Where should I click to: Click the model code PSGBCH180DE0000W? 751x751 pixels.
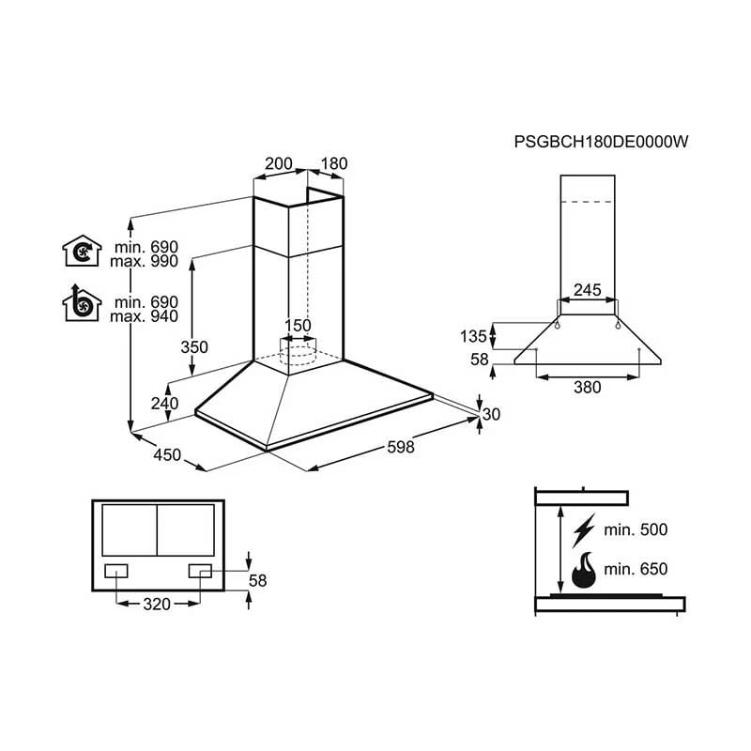pos(602,143)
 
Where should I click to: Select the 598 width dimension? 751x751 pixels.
pos(400,448)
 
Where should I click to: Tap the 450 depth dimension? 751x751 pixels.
pos(166,455)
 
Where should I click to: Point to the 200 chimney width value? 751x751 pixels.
pos(278,163)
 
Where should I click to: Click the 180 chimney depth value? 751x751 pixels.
pos(333,163)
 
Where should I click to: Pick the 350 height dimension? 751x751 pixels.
pos(193,346)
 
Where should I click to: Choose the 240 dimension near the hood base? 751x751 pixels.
pos(164,404)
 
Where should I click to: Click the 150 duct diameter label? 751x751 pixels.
pos(298,326)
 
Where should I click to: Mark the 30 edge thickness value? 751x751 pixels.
pos(492,414)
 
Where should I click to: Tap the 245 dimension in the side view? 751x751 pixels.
pos(587,290)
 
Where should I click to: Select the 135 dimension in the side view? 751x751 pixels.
pos(474,335)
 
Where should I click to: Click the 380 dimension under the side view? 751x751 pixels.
pos(587,387)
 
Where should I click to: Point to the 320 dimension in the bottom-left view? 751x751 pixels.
pos(157,604)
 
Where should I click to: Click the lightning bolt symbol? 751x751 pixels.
pos(583,529)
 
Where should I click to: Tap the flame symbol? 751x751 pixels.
pos(584,569)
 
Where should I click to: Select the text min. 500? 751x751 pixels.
pos(636,529)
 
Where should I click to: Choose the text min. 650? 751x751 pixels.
pos(636,569)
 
